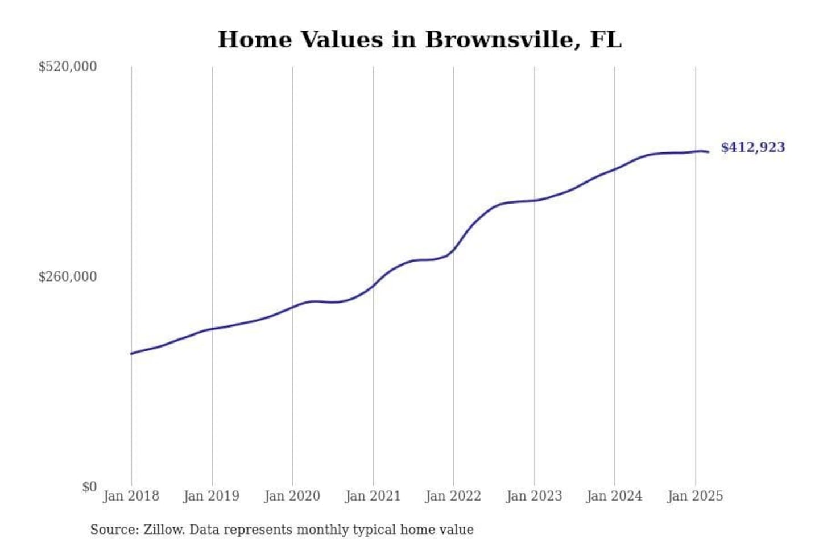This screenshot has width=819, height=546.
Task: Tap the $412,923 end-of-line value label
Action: tap(752, 147)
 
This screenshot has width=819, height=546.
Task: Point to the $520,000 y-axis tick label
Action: tap(68, 67)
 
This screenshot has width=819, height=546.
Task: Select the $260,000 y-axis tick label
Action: tap(68, 277)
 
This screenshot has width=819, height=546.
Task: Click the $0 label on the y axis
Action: tap(89, 487)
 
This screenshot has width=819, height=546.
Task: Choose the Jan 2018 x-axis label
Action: tap(131, 496)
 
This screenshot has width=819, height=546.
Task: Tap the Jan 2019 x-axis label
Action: tap(212, 496)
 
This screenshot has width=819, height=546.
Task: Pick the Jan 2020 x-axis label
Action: tap(292, 496)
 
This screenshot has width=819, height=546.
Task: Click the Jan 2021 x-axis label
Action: tap(373, 496)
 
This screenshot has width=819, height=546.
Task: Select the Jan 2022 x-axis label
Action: tap(453, 496)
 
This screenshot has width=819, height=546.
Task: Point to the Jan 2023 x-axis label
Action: tap(534, 496)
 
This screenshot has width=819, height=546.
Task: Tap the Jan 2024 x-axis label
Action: tap(614, 496)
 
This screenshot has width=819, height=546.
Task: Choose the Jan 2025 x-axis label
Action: tap(695, 496)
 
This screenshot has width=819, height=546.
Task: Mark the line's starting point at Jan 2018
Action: tap(131, 354)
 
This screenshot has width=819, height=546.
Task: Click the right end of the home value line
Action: tap(708, 152)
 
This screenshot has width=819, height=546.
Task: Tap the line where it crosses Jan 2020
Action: tap(292, 307)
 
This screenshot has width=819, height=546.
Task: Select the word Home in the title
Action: tap(254, 40)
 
